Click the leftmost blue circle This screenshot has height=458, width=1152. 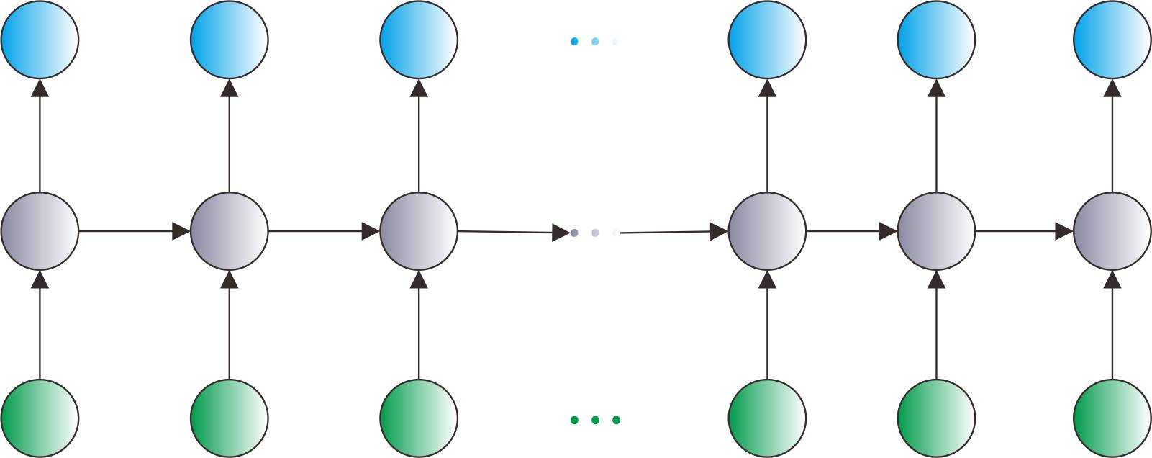tap(40, 40)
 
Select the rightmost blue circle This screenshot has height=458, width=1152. tap(1112, 40)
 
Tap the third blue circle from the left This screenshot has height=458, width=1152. tap(419, 40)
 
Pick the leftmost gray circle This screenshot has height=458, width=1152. tap(40, 231)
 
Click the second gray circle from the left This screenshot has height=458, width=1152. tap(230, 231)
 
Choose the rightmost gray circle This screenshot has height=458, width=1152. tap(1112, 231)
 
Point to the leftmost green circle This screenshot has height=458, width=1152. tap(40, 418)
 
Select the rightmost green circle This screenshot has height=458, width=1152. tap(1112, 418)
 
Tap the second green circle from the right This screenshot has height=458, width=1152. tap(936, 418)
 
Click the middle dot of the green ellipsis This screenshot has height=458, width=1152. tap(595, 420)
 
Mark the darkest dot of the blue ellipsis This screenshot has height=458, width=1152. tap(574, 42)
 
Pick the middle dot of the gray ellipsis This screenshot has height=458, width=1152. tap(595, 233)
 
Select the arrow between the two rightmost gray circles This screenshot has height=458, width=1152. tap(1024, 231)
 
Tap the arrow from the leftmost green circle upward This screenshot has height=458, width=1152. tap(40, 324)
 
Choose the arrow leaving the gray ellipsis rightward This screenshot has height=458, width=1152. tap(673, 232)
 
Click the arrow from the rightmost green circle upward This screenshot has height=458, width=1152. tap(1112, 324)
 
